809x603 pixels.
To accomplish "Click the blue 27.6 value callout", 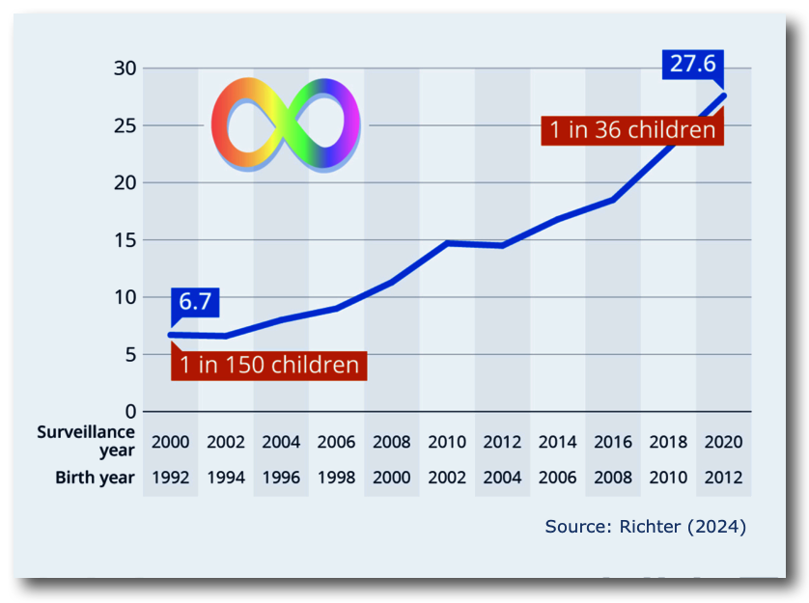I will [x=693, y=64].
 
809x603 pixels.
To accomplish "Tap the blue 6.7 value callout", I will [x=195, y=302].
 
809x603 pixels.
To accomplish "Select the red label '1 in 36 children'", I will [x=633, y=129].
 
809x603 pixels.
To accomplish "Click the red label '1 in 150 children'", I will [x=269, y=365].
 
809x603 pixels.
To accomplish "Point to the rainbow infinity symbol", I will [x=286, y=123].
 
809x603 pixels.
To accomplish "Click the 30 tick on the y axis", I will [x=125, y=69].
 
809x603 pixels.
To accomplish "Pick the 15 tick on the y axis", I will [x=125, y=240].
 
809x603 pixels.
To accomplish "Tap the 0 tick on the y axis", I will [x=130, y=412].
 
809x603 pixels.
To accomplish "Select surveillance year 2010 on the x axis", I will [x=447, y=443].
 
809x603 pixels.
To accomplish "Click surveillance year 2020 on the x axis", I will [x=723, y=443].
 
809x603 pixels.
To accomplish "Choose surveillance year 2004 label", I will [x=281, y=443].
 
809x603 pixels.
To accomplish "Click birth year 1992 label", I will [x=171, y=478].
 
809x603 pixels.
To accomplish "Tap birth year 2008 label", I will [x=613, y=478].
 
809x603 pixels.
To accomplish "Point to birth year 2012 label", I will [x=723, y=478].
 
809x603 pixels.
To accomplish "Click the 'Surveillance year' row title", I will [x=87, y=441].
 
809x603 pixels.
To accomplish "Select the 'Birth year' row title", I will [x=95, y=478].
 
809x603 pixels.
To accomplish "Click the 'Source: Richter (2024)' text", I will [x=646, y=527].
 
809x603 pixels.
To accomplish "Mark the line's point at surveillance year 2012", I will [x=502, y=245].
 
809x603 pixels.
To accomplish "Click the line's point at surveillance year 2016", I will [x=613, y=200].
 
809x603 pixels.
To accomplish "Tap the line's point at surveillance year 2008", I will [x=391, y=282].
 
